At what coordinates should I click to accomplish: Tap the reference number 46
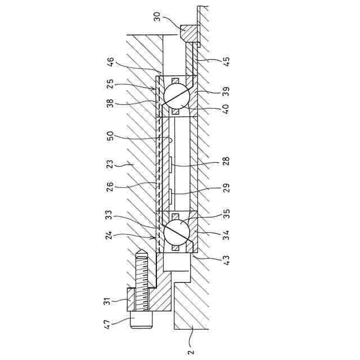click(x=111, y=62)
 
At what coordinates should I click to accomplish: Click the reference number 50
click(x=111, y=136)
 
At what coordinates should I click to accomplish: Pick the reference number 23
click(x=111, y=164)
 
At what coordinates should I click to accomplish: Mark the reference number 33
click(x=110, y=215)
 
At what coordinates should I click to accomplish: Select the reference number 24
click(x=110, y=235)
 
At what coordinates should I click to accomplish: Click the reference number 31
click(x=107, y=301)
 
